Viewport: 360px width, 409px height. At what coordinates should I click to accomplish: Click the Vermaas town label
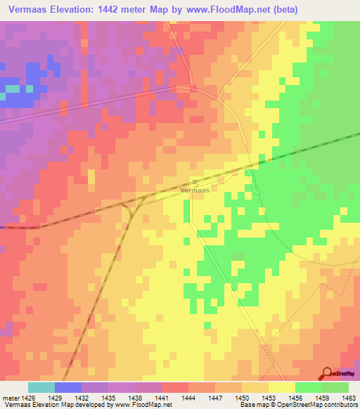click(194, 190)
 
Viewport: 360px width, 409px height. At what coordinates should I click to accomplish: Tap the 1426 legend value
click(27, 397)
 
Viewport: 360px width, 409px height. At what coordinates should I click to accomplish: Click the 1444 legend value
click(188, 397)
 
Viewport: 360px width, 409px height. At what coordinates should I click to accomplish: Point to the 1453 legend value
click(269, 397)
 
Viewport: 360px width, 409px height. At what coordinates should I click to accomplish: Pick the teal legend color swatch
click(41, 387)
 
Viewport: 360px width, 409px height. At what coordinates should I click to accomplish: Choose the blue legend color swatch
click(67, 387)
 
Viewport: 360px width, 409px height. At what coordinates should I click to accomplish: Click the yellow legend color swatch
click(282, 387)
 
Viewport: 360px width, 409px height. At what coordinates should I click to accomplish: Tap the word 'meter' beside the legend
click(10, 397)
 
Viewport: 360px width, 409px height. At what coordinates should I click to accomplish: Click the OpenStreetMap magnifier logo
click(328, 372)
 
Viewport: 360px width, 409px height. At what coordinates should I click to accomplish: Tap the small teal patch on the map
click(13, 89)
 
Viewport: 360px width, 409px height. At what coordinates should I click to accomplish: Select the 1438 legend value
click(135, 397)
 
